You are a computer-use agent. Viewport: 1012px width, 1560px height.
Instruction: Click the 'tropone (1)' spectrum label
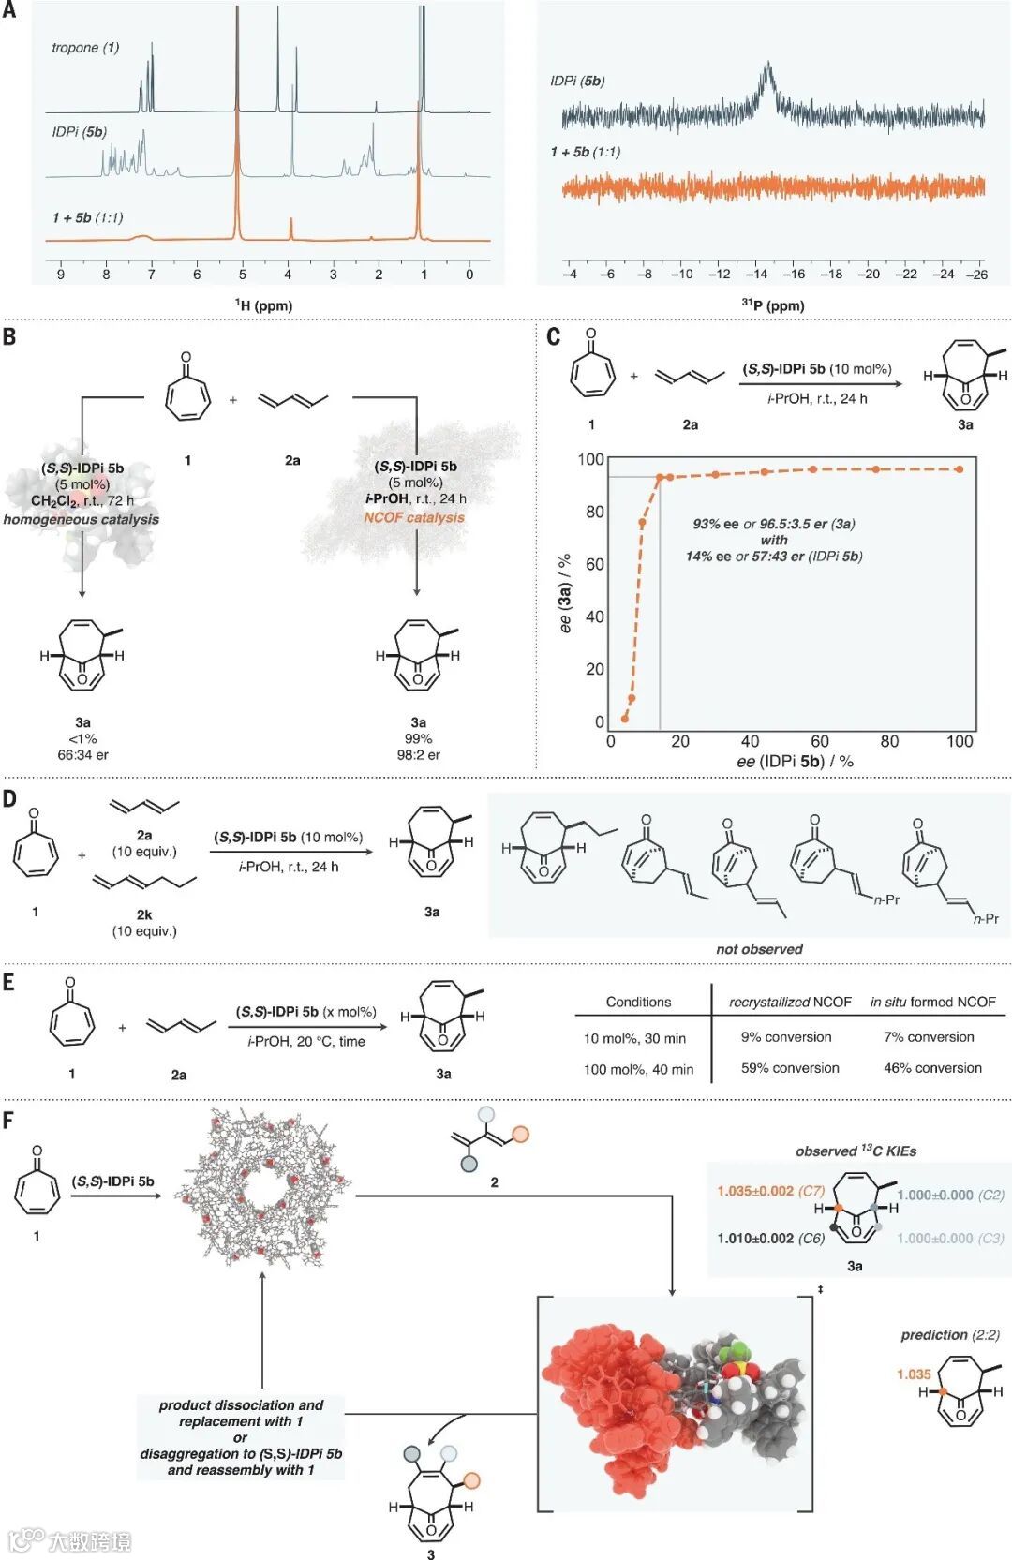pyautogui.click(x=85, y=48)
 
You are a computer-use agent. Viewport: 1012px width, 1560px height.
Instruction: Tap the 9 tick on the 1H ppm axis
pyautogui.click(x=61, y=275)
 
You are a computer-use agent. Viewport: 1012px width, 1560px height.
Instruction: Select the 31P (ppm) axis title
pyautogui.click(x=773, y=305)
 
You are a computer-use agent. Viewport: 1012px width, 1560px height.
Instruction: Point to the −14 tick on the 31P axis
pyautogui.click(x=756, y=275)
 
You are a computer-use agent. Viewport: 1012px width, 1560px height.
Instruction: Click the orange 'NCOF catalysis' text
pyautogui.click(x=414, y=517)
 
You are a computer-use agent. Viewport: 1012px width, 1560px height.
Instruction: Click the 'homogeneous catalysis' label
pyautogui.click(x=82, y=519)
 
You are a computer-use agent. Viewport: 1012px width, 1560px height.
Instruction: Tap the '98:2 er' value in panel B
pyautogui.click(x=419, y=754)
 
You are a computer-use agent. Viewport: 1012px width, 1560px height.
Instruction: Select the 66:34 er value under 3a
pyautogui.click(x=83, y=754)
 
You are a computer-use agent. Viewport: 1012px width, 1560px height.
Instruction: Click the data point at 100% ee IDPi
pyautogui.click(x=960, y=468)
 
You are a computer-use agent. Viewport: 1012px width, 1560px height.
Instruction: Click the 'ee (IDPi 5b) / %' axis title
pyautogui.click(x=795, y=761)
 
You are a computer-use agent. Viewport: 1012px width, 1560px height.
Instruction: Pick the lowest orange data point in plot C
pyautogui.click(x=625, y=718)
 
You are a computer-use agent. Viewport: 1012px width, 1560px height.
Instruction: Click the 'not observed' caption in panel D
pyautogui.click(x=759, y=949)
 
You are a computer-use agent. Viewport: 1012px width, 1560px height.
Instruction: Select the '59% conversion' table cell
pyautogui.click(x=790, y=1068)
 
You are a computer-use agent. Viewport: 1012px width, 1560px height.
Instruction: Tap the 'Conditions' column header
pyautogui.click(x=638, y=1003)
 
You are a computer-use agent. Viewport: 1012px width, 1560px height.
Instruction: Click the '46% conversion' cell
pyautogui.click(x=932, y=1068)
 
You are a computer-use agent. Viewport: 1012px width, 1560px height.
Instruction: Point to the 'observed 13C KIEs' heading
pyautogui.click(x=856, y=1151)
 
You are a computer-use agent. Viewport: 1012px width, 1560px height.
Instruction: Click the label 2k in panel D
pyautogui.click(x=144, y=914)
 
